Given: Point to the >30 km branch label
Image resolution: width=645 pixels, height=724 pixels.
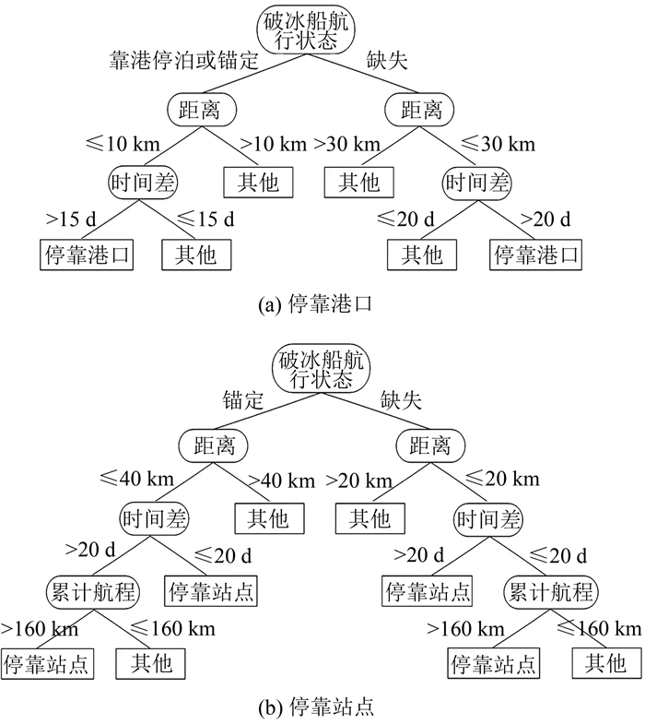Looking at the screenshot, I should [346, 145].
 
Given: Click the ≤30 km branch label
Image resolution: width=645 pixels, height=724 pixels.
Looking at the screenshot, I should [498, 145].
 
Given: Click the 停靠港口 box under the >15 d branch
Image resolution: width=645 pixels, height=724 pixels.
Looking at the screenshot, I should [88, 255].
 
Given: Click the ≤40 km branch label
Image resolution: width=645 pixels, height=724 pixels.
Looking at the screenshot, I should [134, 481].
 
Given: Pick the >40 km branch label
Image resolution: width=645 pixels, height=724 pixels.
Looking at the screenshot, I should [282, 481].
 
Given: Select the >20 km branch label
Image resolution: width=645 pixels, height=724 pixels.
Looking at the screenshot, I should [359, 481].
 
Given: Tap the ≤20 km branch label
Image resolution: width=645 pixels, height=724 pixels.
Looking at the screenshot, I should [502, 481].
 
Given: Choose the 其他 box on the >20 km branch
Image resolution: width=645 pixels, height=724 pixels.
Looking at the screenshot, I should [369, 517].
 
